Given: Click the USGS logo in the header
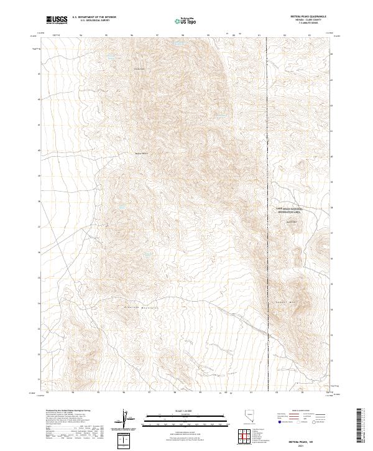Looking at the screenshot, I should tap(57, 20).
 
